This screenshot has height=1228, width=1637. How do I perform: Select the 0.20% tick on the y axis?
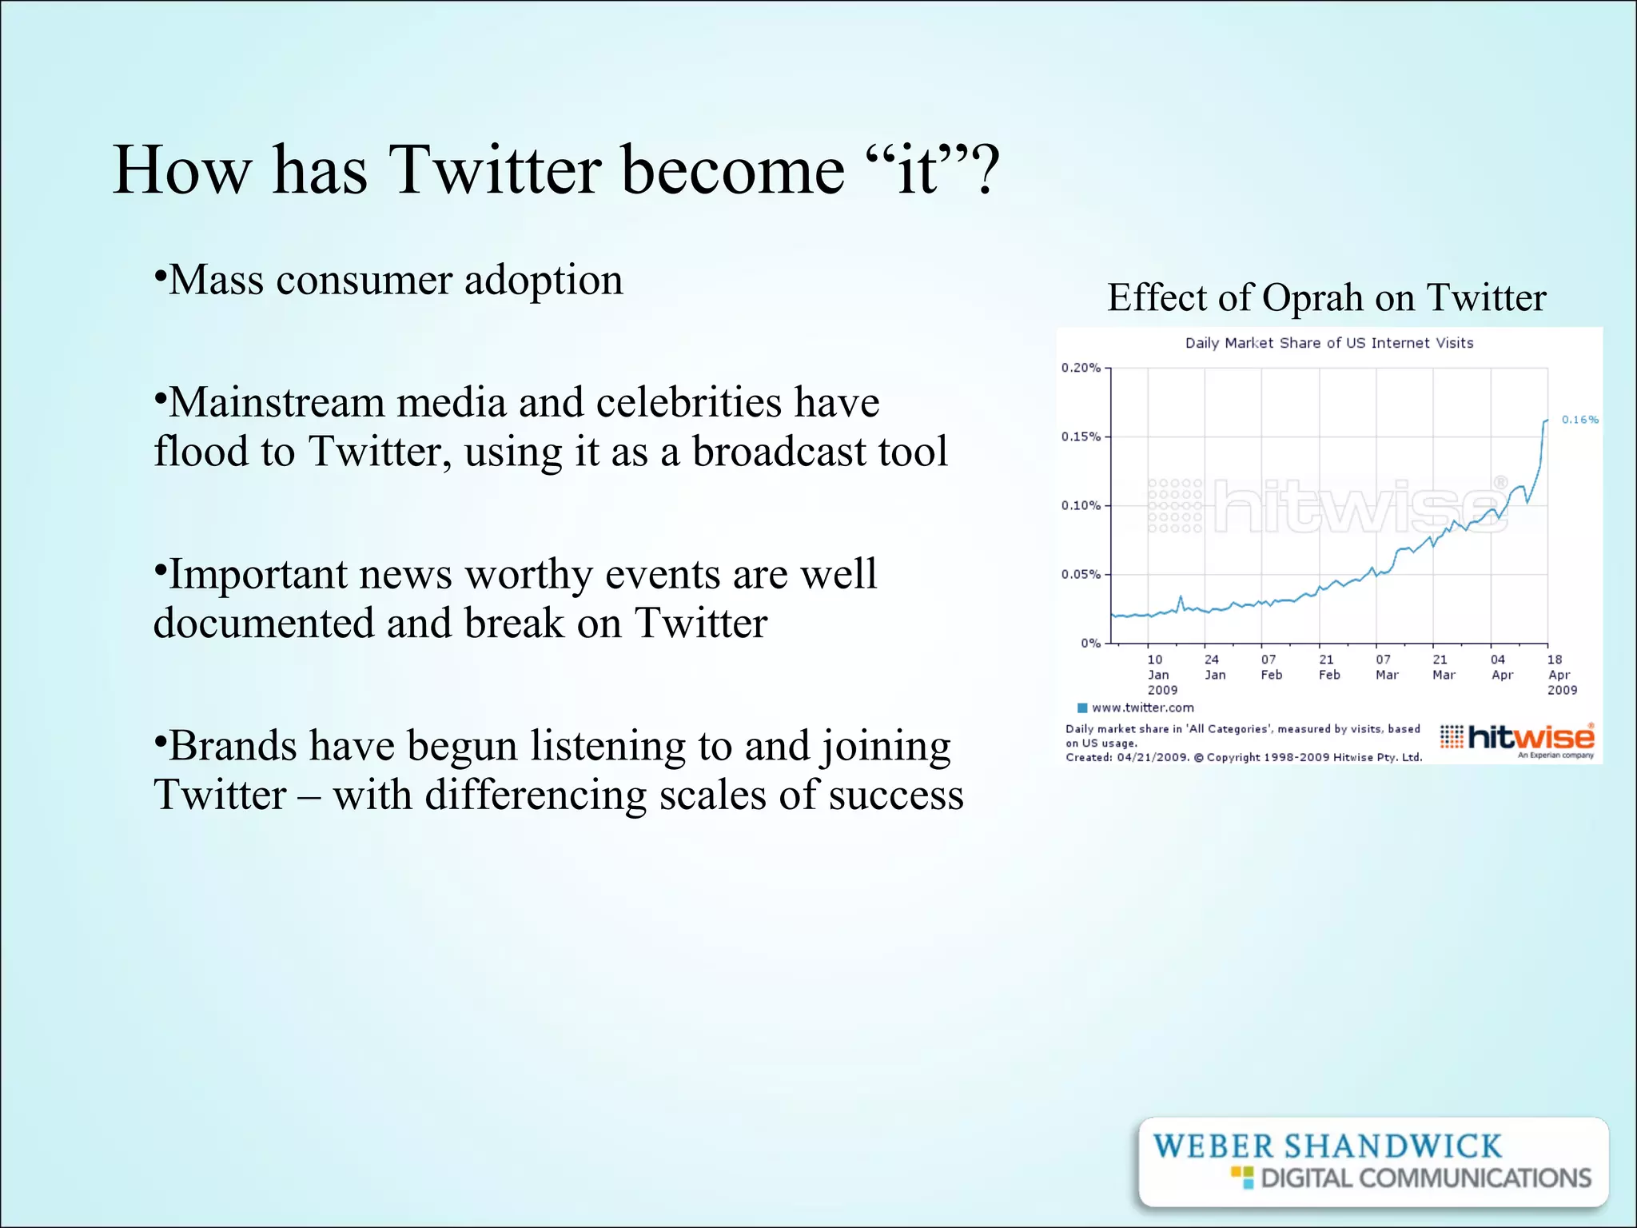click(1081, 368)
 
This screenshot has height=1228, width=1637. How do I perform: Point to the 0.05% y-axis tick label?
click(1081, 574)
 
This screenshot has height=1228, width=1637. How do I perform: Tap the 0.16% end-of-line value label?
click(1579, 420)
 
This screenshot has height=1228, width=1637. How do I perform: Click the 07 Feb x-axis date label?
click(1271, 667)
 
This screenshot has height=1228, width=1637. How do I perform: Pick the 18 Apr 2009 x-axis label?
click(1560, 674)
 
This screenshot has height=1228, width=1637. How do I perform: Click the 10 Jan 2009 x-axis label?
click(1160, 674)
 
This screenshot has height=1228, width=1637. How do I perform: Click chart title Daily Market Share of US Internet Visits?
click(1328, 343)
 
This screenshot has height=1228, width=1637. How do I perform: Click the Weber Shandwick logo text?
click(1327, 1146)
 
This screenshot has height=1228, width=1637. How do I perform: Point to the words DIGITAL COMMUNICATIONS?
click(1425, 1178)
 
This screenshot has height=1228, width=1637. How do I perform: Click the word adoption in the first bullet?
click(543, 281)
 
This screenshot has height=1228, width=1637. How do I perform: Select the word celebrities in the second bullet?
click(688, 402)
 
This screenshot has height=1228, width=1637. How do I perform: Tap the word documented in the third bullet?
click(263, 624)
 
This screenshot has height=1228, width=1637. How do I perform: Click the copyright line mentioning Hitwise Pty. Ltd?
click(1243, 757)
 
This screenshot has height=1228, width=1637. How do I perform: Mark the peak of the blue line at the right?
click(1547, 421)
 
